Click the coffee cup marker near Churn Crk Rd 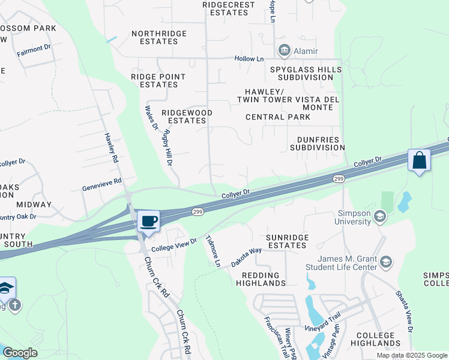pos(148,220)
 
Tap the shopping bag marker pos(419,161)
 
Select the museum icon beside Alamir pos(285,51)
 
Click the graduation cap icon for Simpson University pos(379,215)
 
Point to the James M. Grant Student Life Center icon pos(386,262)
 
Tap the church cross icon pos(15,305)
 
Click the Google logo pos(19,353)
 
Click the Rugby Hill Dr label pos(167,147)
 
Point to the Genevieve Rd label pos(101,184)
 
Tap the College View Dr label pos(174,244)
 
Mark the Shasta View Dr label pos(404,312)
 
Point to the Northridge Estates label pos(155,37)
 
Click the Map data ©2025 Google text pos(411,355)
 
